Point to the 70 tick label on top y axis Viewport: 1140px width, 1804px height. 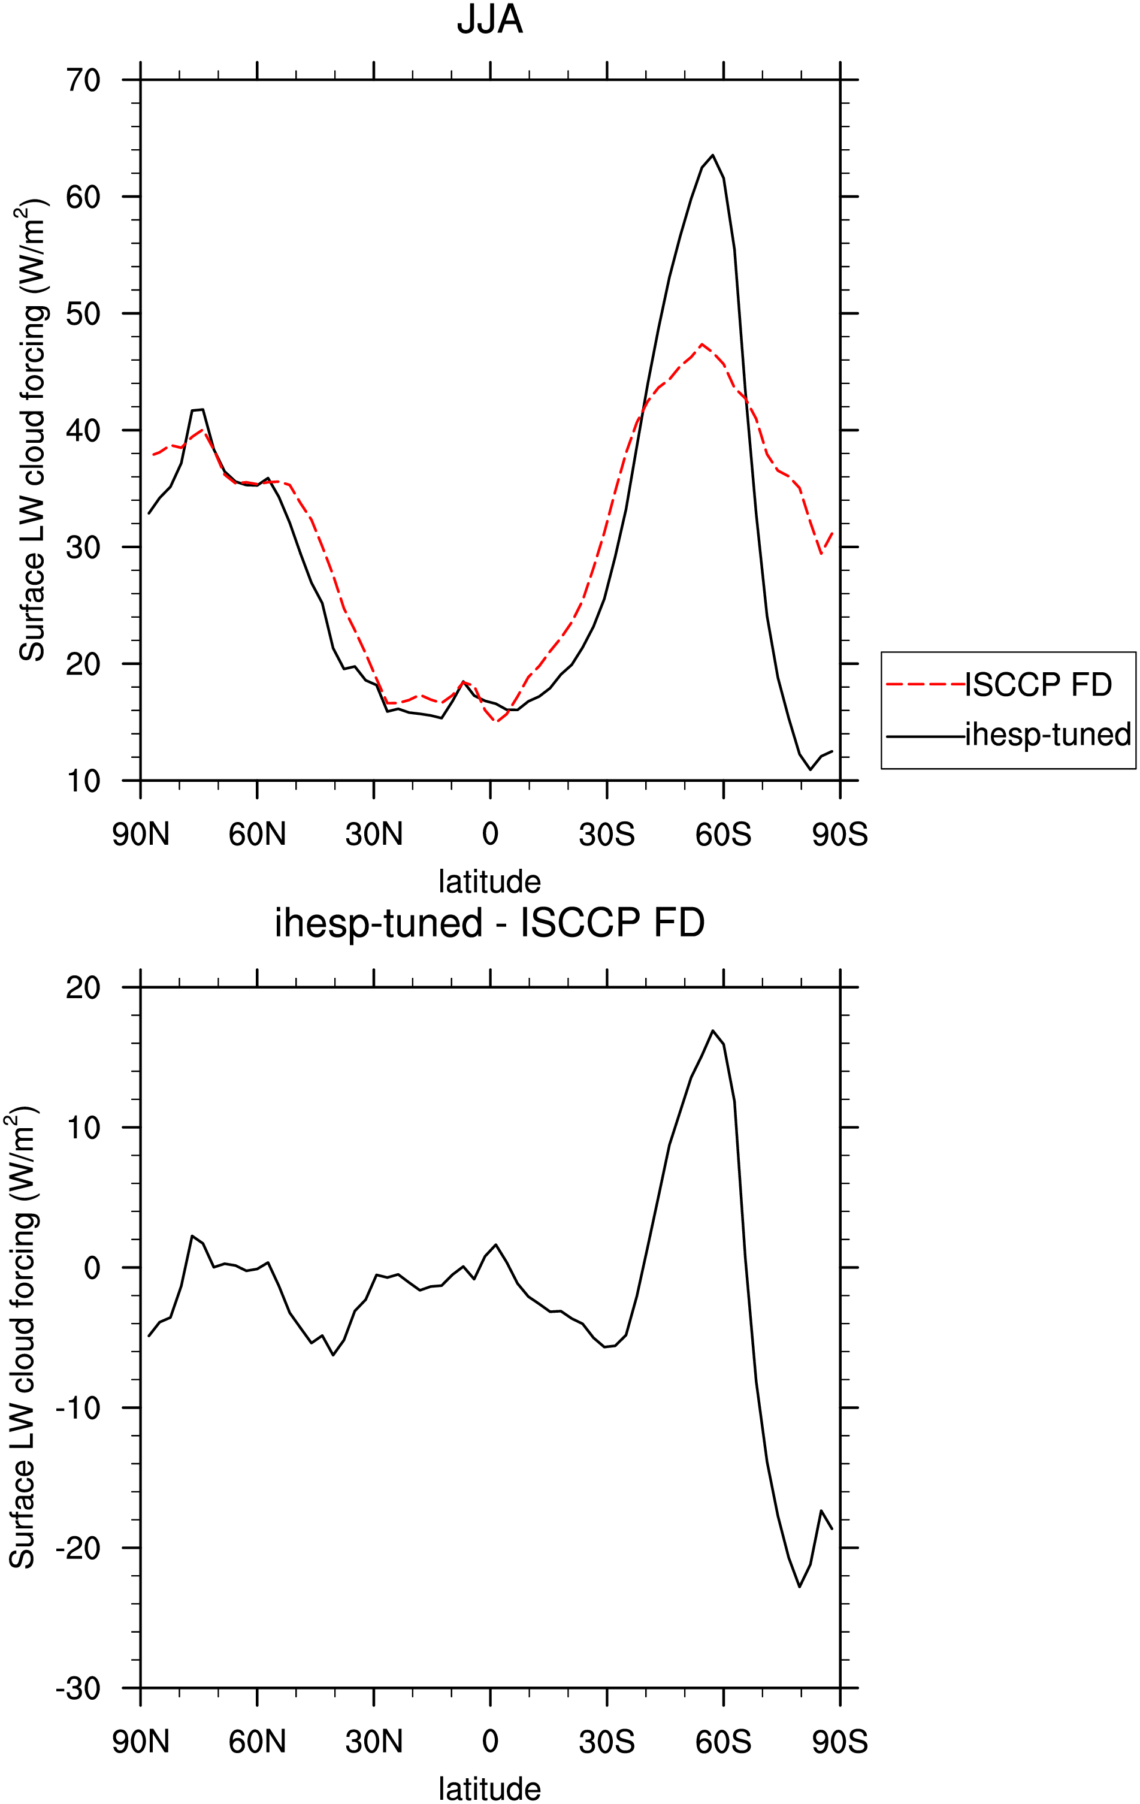(83, 80)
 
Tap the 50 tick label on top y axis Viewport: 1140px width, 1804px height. (83, 314)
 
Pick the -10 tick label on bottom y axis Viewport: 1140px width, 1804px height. (77, 1409)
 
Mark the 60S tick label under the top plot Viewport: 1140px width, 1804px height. (723, 835)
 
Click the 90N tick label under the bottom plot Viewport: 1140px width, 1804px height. (141, 1741)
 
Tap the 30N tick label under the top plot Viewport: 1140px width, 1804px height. (374, 835)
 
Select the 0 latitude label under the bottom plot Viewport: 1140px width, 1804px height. (490, 1741)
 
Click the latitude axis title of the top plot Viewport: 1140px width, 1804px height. (490, 882)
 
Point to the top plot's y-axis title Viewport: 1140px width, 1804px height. (33, 430)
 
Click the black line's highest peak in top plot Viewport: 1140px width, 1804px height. (712, 155)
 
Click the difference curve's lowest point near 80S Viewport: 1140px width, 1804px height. (799, 1587)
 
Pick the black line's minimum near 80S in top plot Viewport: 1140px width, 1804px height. (810, 769)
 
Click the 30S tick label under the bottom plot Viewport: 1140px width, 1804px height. (607, 1741)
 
